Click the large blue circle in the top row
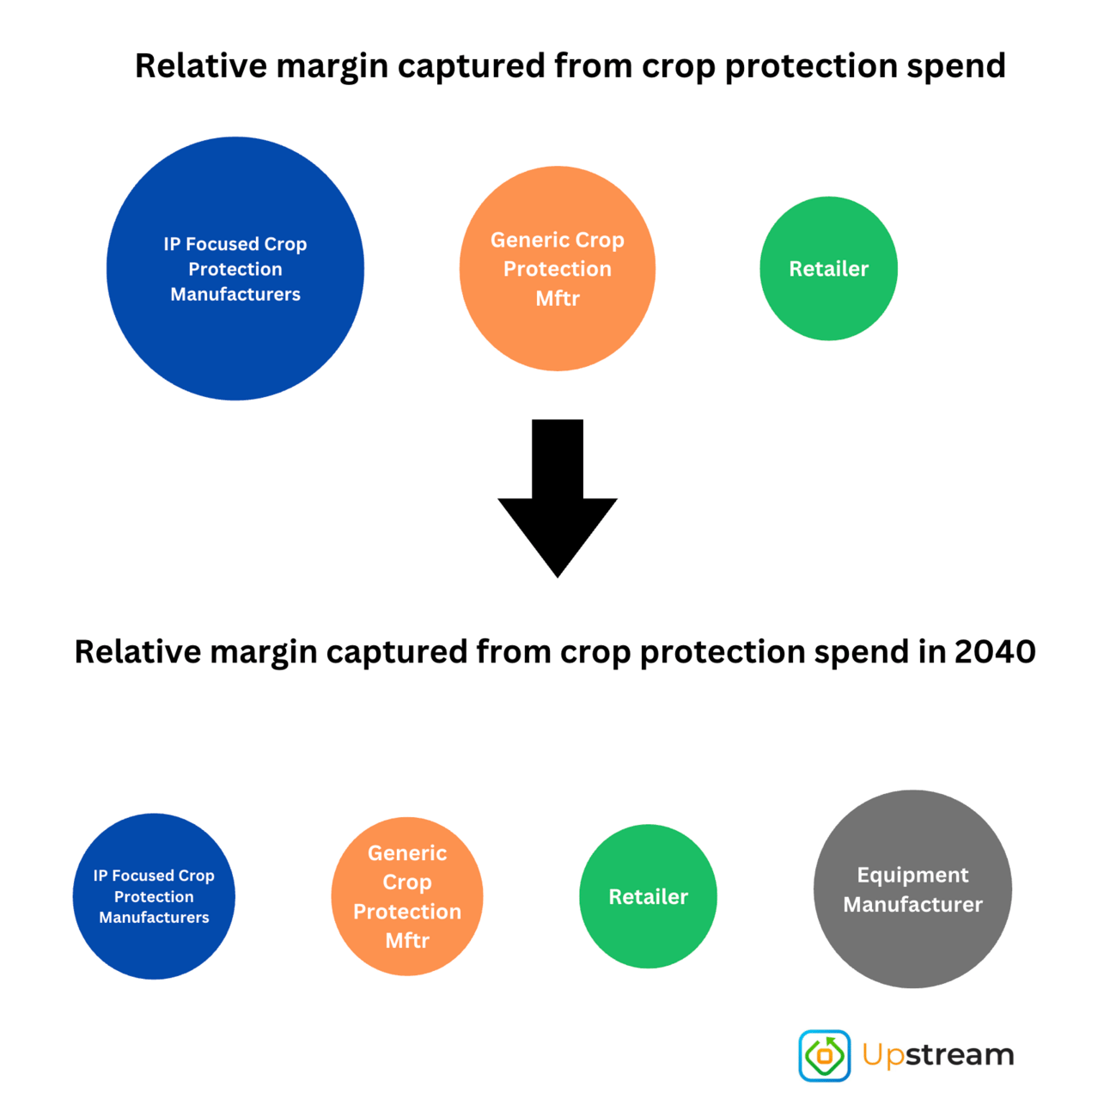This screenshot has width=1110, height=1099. (235, 269)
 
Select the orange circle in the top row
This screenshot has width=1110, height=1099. (557, 269)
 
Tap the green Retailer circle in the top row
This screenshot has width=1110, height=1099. (828, 269)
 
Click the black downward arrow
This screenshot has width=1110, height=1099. (557, 498)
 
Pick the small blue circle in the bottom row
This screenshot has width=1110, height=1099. (154, 896)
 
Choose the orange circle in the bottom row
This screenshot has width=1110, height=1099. (406, 896)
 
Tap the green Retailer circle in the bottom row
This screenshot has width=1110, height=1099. (648, 896)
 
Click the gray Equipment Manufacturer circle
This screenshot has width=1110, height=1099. (912, 889)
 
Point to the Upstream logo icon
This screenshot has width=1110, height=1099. (824, 1056)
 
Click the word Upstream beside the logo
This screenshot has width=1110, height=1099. (938, 1055)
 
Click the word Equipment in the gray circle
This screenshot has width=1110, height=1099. (912, 876)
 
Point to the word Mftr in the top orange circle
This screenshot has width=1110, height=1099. (557, 298)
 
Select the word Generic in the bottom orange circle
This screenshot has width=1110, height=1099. (406, 853)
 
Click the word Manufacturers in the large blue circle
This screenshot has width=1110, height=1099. (235, 295)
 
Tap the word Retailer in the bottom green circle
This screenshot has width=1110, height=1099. (648, 897)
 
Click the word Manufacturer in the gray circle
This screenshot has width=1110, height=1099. (912, 905)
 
